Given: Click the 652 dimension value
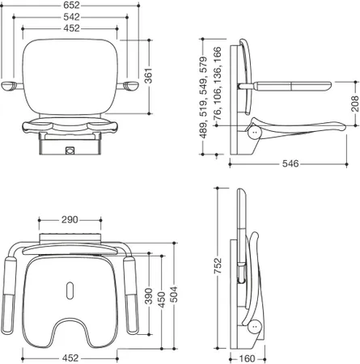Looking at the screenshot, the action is pos(71,5).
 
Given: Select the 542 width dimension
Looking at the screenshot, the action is pos(71,17).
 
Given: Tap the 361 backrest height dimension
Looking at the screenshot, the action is pos(148,76).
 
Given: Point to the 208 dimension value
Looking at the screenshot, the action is pos(355,104).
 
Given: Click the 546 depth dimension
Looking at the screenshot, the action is pos(290,163).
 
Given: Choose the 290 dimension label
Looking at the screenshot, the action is pos(70,220).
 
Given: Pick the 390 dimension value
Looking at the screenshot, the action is pos(149,296).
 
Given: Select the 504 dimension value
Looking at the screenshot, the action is pos(174,294).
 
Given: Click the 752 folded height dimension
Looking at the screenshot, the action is pos(218,266).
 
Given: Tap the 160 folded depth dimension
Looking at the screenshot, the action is pos(247,358).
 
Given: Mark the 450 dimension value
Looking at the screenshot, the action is pos(161,299).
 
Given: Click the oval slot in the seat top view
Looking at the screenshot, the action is pos(70,290).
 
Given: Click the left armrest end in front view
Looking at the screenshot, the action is pos(8,87).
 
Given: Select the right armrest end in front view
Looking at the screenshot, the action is pos(131,86).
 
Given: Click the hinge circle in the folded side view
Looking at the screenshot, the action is pos(254,326).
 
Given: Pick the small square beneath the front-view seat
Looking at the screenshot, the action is pos(70,150).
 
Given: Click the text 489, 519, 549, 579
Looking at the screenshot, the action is pos(204,97).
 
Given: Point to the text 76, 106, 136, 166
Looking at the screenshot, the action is pos(218,83).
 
